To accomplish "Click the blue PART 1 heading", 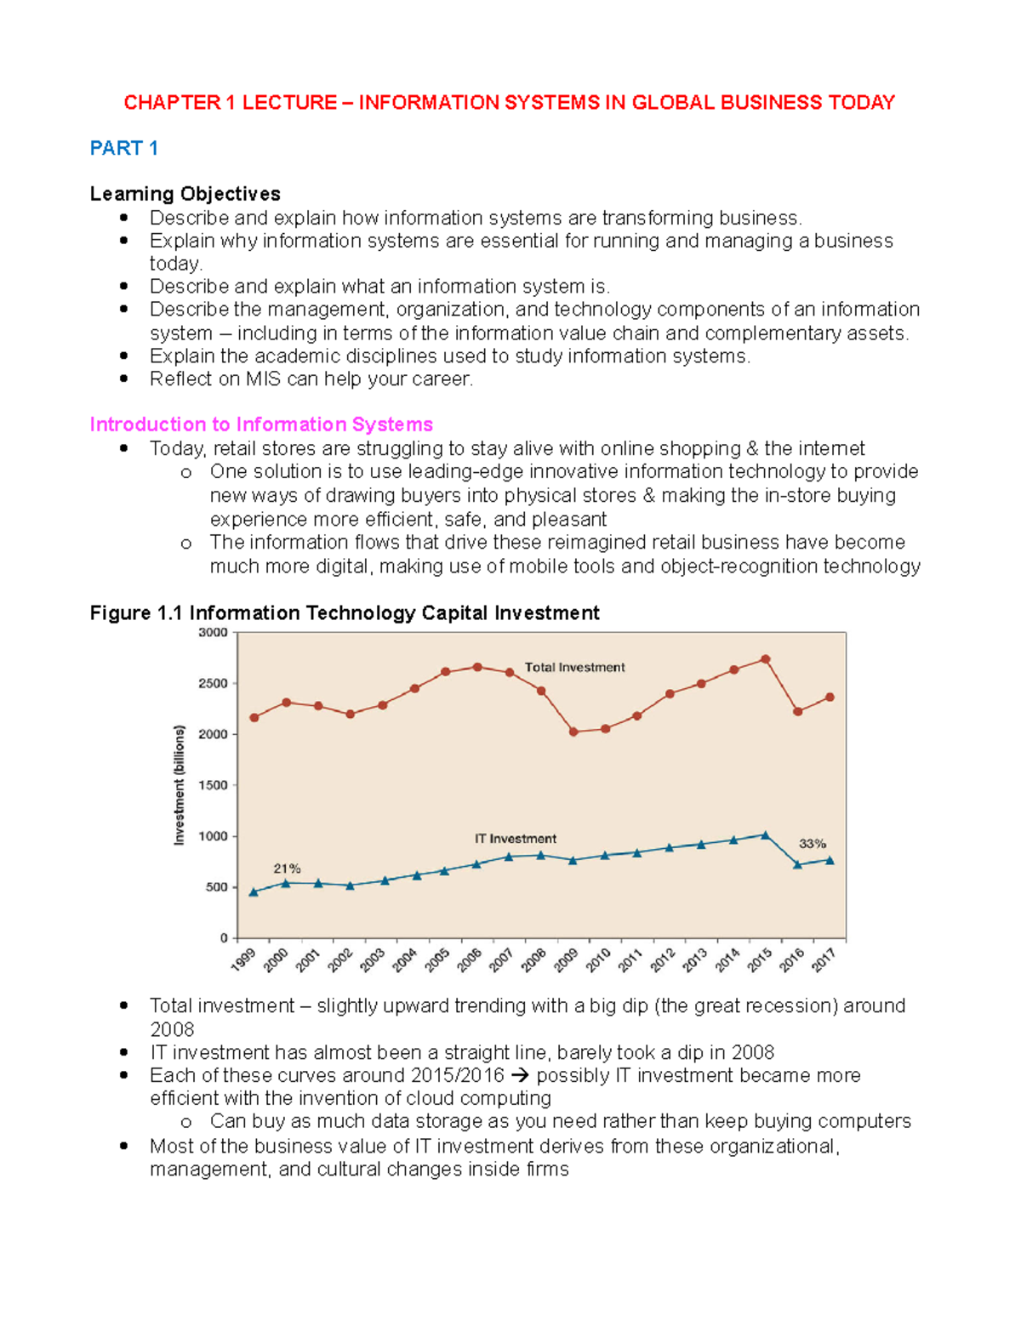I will (x=123, y=148).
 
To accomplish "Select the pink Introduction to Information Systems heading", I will (x=261, y=424).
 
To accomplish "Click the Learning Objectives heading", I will (x=185, y=194).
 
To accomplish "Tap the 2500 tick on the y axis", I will (x=213, y=683).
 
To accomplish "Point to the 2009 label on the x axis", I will (x=566, y=960).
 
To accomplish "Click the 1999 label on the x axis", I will (x=243, y=960).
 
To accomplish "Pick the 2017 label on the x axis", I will (x=824, y=960).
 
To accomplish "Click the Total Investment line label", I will (x=574, y=668).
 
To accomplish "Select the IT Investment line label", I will (x=515, y=839).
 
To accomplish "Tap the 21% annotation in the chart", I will (x=287, y=868).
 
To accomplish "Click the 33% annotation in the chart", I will (x=812, y=844).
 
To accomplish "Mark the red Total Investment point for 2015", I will (x=765, y=659).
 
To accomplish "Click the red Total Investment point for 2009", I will (x=573, y=732).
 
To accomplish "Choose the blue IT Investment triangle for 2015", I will (x=765, y=835).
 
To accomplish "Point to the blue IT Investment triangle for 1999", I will (x=254, y=892).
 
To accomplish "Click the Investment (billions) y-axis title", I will (x=179, y=784).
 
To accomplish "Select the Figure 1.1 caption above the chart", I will (x=345, y=613).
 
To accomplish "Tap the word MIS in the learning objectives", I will (x=263, y=379).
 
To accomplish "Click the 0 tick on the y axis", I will (x=224, y=938).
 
